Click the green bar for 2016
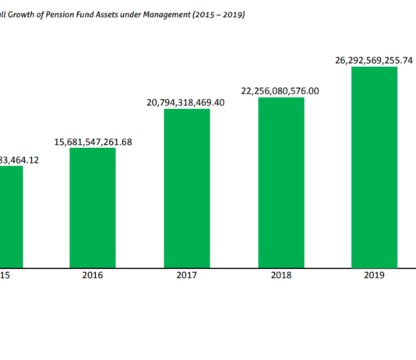[93, 206]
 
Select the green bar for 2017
[186, 187]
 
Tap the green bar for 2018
[280, 182]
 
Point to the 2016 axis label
[93, 275]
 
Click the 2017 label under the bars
[186, 275]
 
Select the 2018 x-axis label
[280, 275]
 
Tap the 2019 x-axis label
[374, 275]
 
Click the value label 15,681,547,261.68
[93, 141]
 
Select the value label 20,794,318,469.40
[186, 102]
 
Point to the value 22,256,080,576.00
[280, 91]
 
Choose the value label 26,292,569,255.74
[374, 59]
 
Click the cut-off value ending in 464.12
[19, 160]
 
